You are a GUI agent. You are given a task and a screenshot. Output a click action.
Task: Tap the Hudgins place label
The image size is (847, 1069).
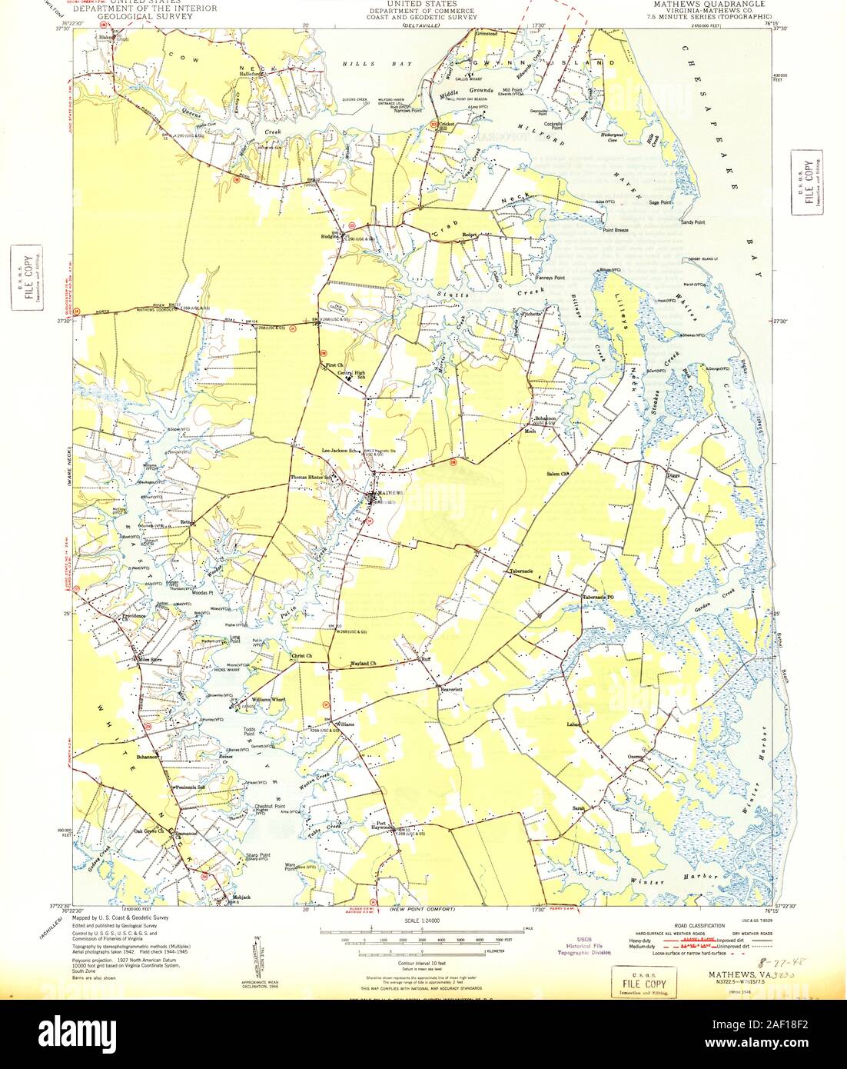point(330,237)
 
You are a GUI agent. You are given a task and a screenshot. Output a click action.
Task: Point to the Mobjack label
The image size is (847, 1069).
point(231,897)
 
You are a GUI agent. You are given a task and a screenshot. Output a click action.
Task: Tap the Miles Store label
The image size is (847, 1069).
point(151,659)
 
